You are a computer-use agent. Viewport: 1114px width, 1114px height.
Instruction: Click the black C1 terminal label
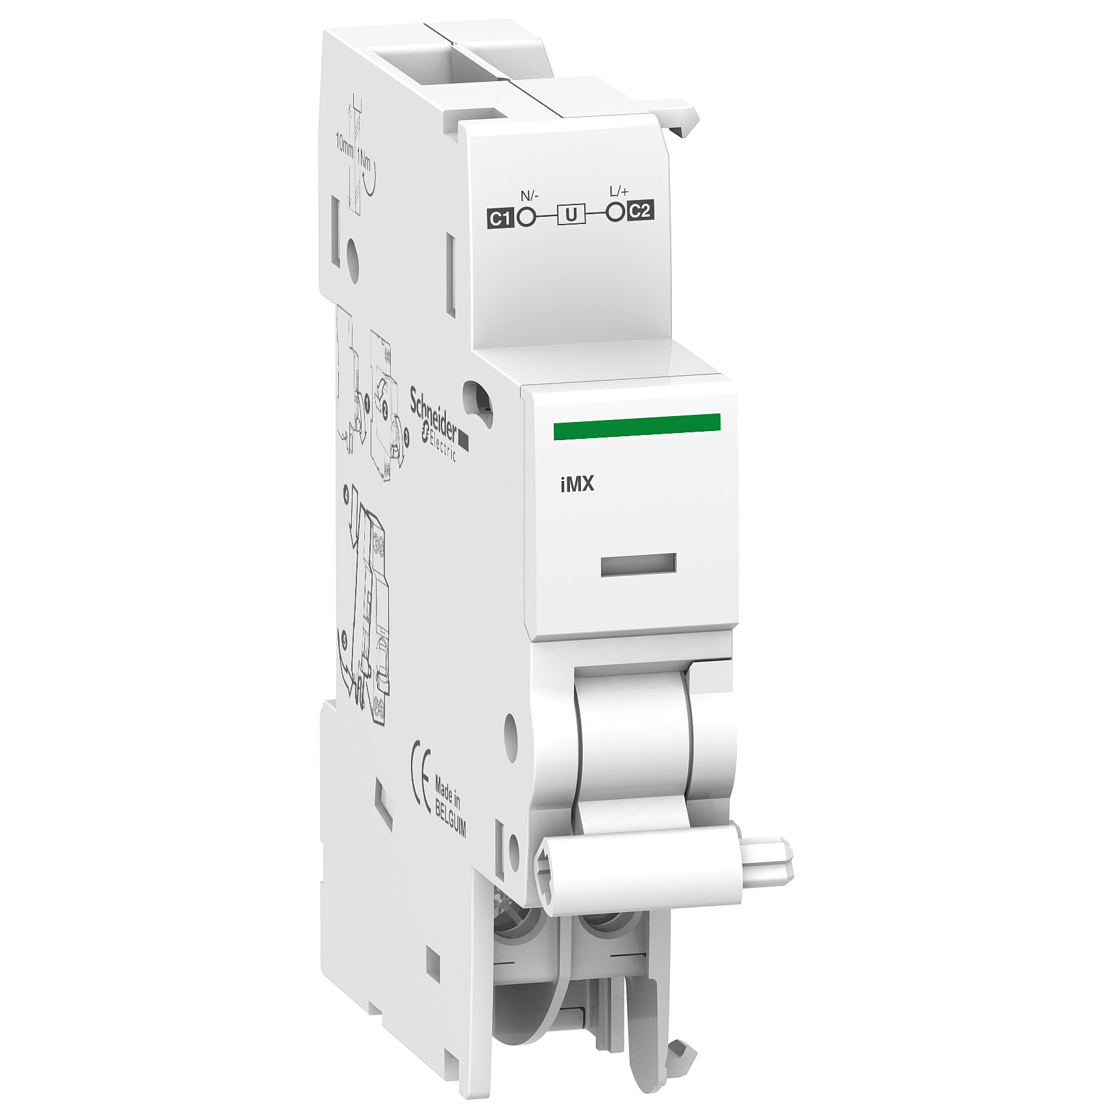500,218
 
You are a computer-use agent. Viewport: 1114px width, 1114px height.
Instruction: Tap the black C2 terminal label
639,211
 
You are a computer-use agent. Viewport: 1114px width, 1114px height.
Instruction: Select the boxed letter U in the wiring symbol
571,214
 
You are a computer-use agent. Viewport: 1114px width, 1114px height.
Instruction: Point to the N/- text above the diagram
530,195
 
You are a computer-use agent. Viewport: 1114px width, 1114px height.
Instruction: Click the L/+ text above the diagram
619,191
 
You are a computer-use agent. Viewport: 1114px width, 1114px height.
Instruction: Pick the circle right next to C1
527,217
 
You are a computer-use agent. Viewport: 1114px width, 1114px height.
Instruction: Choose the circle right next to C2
615,212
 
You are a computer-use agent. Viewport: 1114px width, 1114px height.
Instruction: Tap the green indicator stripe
636,427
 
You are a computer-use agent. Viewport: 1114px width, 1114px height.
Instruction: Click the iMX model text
577,484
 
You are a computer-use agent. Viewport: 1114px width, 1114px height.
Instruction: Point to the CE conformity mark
421,778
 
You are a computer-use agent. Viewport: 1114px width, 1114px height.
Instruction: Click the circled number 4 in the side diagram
346,495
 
